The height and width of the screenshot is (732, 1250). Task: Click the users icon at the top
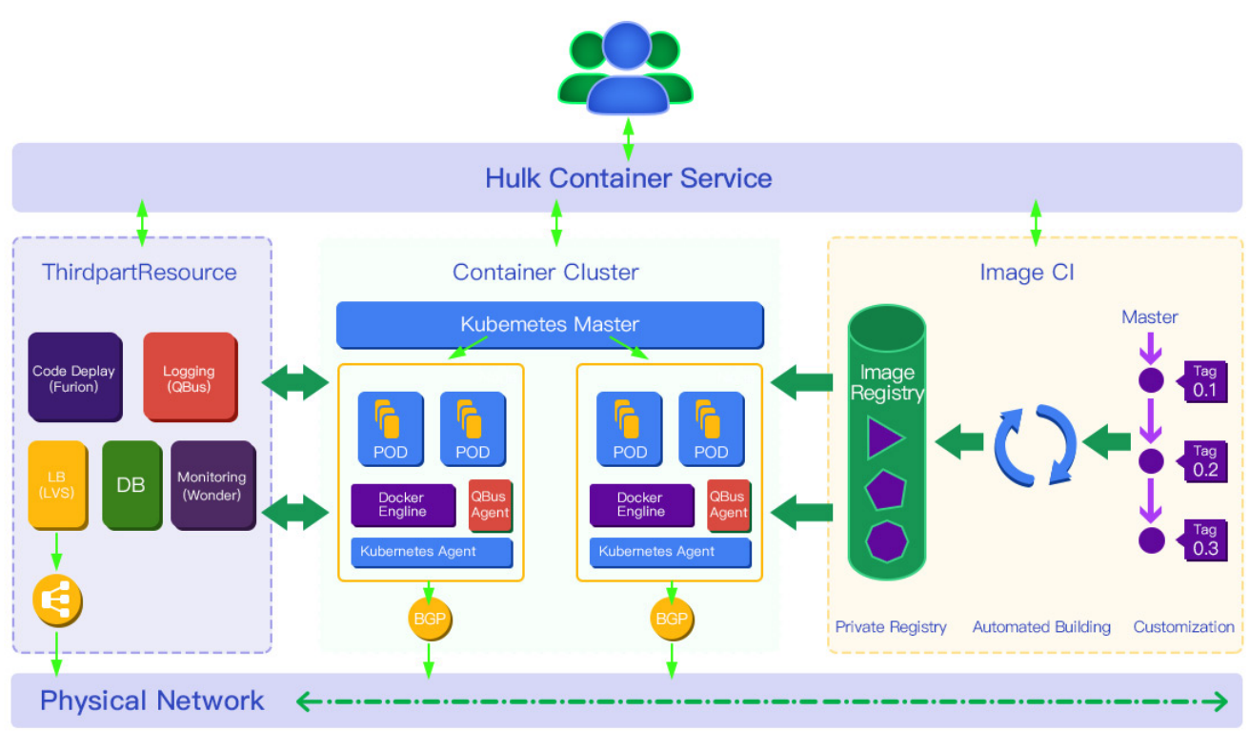[625, 69]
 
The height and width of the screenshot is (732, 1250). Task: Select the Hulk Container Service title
[628, 178]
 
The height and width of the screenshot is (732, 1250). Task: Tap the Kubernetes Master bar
[550, 324]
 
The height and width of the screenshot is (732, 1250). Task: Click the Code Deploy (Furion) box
[74, 377]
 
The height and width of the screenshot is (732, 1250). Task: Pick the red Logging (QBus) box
[189, 377]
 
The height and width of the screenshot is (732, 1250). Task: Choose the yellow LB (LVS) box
[56, 484]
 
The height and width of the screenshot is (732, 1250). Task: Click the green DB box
[131, 484]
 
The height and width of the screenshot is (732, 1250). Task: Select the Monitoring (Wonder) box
[212, 484]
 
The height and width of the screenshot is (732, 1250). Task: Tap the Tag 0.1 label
[1204, 381]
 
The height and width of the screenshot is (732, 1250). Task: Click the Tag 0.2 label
[1204, 461]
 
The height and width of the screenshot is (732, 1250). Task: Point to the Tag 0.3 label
[1204, 540]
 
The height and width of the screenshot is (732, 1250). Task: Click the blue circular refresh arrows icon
[1035, 444]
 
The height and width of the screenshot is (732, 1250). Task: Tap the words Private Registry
[891, 627]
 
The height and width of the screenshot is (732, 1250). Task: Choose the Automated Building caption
[1041, 627]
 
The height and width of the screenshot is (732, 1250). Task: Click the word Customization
[1183, 627]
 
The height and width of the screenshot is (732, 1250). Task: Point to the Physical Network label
[151, 701]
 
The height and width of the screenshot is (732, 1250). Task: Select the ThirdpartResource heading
[139, 273]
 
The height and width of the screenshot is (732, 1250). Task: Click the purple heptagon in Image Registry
[886, 540]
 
